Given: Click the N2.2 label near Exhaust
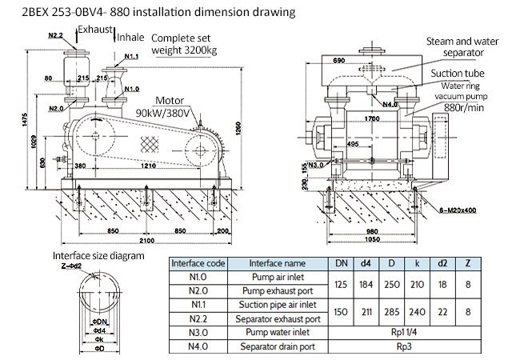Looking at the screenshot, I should [x=55, y=36].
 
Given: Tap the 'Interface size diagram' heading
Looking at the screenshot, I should [x=98, y=256].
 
